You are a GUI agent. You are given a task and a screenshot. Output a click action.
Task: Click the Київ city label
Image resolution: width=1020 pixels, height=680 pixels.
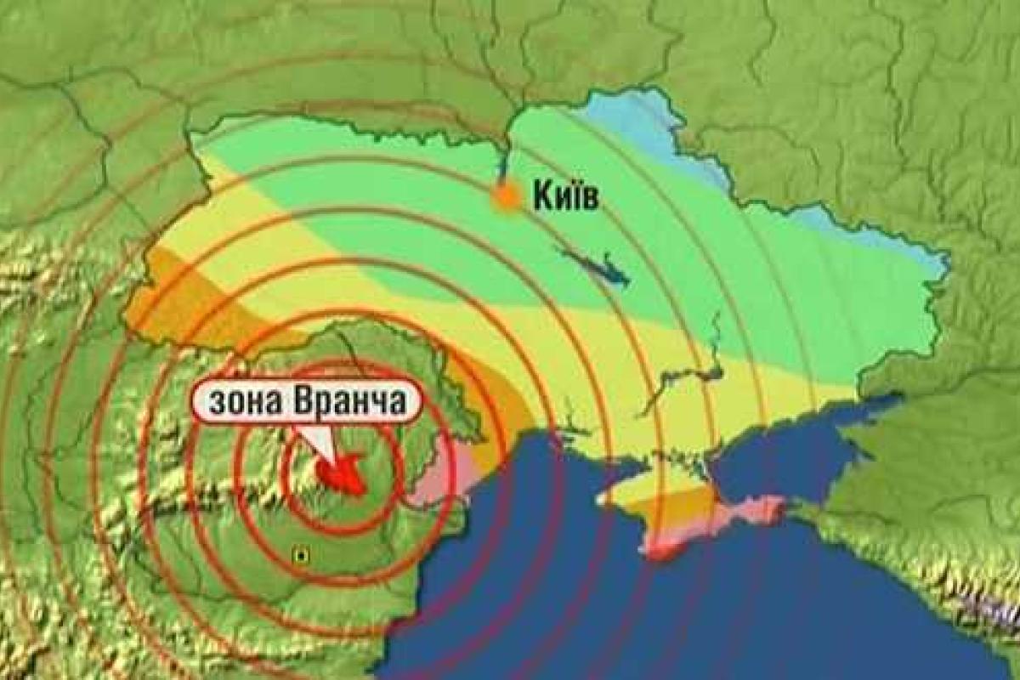(566, 198)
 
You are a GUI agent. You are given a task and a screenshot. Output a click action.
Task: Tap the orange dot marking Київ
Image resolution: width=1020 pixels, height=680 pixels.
(507, 198)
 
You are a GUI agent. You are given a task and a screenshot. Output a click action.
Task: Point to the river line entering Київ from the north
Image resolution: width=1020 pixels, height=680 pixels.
(504, 161)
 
